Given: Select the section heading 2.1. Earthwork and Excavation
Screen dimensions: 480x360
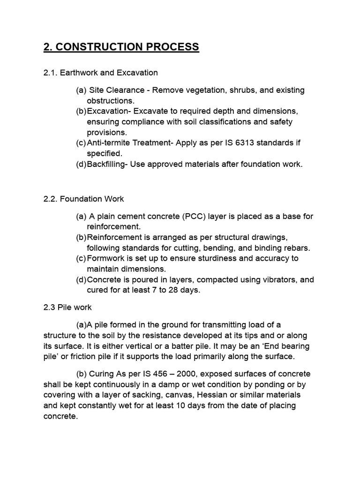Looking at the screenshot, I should pyautogui.click(x=100, y=73).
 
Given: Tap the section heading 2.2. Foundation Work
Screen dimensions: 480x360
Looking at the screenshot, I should pyautogui.click(x=83, y=199).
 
